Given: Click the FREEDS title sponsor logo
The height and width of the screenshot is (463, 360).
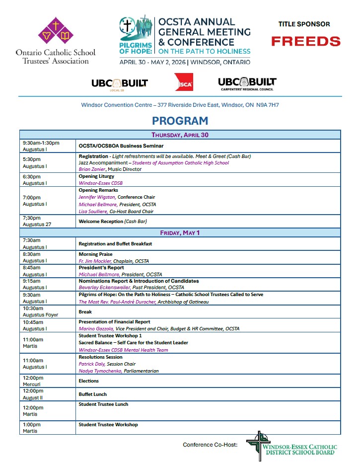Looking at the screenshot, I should (305, 41).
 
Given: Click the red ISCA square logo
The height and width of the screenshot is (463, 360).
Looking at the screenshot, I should (184, 82).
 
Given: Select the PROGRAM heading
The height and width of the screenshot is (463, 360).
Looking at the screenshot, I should (180, 121).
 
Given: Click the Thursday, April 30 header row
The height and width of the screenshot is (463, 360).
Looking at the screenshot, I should (180, 135).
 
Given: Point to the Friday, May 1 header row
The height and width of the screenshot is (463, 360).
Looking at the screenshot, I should (180, 232).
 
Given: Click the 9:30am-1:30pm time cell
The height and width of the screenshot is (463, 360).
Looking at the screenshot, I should (41, 143).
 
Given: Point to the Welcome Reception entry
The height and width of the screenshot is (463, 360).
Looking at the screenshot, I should (113, 221).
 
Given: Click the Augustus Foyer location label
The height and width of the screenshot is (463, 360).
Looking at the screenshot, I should (40, 315).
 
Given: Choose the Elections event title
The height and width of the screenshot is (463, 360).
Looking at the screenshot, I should (89, 381).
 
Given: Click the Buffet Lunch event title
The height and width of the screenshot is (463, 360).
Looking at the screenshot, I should (93, 394).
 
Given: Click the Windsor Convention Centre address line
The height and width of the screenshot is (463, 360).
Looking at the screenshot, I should (180, 105).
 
